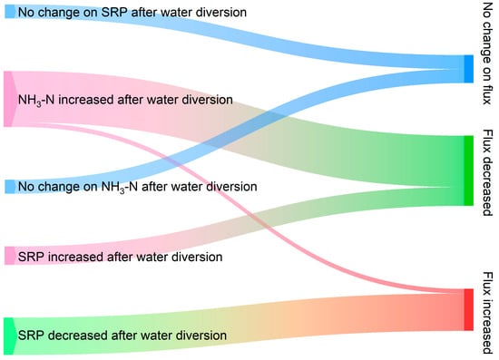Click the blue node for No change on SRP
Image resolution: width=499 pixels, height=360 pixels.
click(10, 12)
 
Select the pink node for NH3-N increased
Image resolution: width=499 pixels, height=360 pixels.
click(8, 99)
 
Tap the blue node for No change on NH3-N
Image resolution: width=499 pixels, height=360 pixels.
click(10, 187)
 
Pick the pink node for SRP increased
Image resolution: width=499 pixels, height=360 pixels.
click(10, 256)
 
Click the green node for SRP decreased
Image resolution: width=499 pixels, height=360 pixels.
click(9, 336)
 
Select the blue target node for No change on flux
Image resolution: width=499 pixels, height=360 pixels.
click(468, 69)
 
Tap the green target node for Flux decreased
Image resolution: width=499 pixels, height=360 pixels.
click(468, 170)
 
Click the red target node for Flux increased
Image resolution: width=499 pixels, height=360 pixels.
click(468, 310)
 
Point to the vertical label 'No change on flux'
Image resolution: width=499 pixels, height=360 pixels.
click(487, 54)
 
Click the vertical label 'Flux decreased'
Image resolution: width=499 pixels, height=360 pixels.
click(487, 172)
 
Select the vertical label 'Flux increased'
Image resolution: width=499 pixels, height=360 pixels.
click(487, 313)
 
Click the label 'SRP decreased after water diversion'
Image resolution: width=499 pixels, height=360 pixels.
click(122, 336)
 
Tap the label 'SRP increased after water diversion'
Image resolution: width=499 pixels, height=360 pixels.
click(120, 257)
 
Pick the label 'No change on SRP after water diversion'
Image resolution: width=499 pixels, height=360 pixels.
click(132, 13)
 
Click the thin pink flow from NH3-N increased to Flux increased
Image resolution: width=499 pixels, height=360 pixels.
click(242, 204)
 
